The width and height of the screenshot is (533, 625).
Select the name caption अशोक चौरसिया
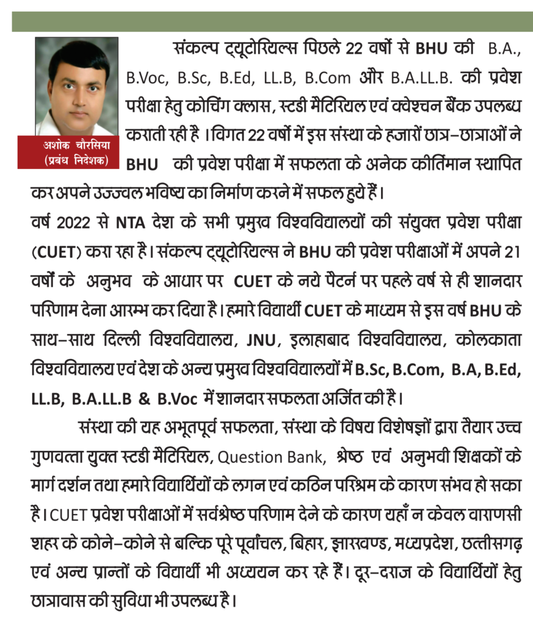(76, 147)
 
